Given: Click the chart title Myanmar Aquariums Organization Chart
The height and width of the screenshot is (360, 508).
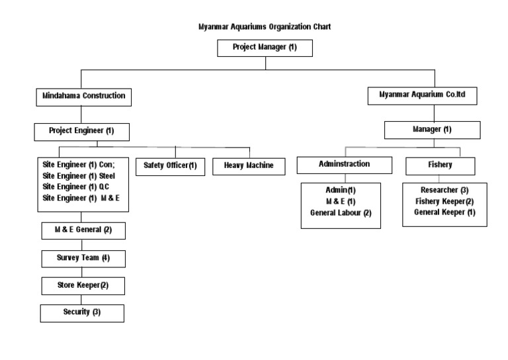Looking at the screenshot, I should [265, 27].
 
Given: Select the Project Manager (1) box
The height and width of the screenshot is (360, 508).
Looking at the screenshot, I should [265, 48].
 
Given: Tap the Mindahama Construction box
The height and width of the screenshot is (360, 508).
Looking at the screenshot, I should [83, 96].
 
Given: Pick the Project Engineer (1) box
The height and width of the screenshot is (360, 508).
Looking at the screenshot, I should [81, 131].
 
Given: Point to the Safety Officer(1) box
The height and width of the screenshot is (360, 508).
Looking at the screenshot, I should [171, 165].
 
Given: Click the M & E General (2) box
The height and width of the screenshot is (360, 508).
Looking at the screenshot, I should [83, 230].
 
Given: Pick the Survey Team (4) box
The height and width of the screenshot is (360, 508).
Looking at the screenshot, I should [83, 257].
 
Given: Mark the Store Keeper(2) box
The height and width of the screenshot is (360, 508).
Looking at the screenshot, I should [83, 285].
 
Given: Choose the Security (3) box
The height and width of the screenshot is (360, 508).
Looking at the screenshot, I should [83, 312].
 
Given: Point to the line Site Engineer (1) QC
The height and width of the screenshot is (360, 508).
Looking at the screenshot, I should [77, 187].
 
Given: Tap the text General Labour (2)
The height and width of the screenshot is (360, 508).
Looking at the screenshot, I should [341, 212].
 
